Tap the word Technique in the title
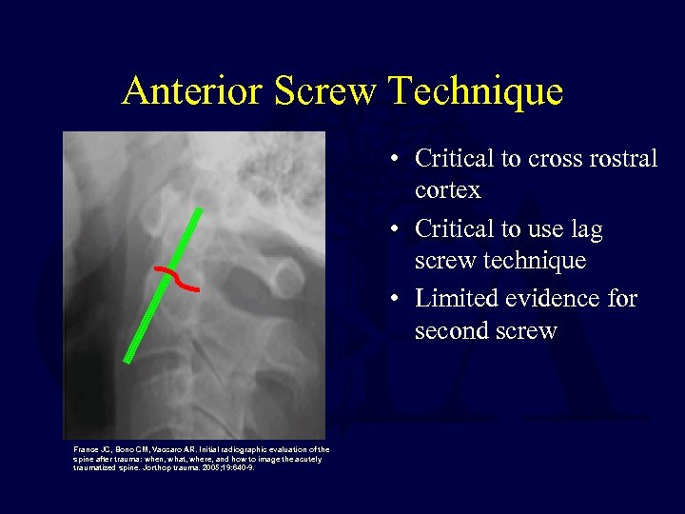click(x=476, y=91)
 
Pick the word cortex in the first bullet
click(x=448, y=190)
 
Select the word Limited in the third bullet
click(x=454, y=299)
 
